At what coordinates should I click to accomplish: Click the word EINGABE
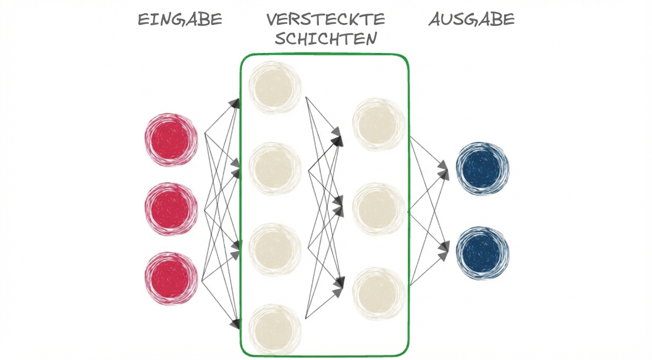coord(179,20)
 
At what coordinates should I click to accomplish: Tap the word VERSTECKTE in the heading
coord(326,20)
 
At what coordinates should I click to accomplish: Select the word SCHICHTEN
coord(326,38)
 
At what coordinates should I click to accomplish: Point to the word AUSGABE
coord(472,20)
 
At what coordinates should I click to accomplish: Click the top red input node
coord(171,139)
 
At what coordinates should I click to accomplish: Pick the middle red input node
coord(171,209)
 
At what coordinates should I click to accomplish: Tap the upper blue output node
coord(482,168)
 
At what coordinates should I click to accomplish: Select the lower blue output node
coord(482,253)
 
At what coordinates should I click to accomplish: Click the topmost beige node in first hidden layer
coord(275,87)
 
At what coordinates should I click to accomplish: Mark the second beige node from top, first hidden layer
coord(275,168)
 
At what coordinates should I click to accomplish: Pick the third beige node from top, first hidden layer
coord(275,249)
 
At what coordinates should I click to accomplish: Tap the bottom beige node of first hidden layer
coord(275,330)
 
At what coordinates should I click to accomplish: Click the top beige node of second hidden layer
coord(378,124)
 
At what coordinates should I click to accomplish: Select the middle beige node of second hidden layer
coord(378,209)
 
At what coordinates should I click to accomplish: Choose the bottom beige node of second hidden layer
coord(378,293)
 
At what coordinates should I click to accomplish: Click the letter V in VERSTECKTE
coord(272,20)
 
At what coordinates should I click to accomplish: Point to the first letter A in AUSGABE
coord(435,20)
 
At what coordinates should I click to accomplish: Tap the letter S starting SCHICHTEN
coord(280,38)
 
